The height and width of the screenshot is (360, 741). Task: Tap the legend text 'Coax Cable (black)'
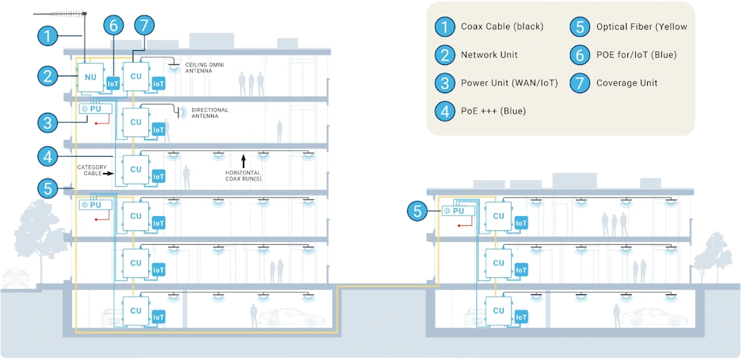coord(502,27)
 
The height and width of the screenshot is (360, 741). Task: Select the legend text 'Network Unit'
coord(489,55)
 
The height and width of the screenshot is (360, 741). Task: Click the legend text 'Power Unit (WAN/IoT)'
coord(509,83)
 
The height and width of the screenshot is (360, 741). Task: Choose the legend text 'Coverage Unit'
coord(627,83)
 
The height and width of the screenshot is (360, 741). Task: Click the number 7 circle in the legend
coord(579,83)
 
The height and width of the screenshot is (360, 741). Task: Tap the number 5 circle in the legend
coord(579,27)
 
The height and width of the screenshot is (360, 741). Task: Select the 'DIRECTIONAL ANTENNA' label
coord(210,113)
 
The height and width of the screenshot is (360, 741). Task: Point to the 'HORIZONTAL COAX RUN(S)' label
coord(243,176)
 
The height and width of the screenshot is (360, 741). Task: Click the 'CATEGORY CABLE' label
coord(92,169)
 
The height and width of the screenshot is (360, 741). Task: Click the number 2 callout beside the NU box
coord(47,76)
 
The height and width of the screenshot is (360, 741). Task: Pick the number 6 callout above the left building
coord(114,25)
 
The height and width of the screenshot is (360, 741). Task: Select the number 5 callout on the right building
coord(418,210)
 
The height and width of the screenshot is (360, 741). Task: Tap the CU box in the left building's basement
coord(135,310)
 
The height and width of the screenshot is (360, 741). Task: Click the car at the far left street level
coord(13,279)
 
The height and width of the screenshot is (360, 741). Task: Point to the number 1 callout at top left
coord(47,35)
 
